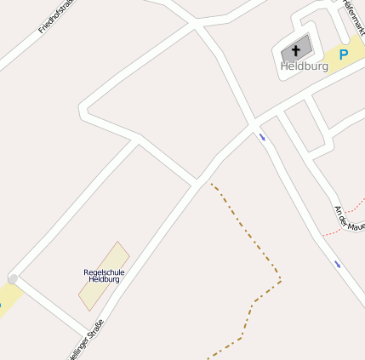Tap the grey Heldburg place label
[304, 66]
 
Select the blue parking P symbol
[344, 54]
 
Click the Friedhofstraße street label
[57, 17]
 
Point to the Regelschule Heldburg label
[104, 275]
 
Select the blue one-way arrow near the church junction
[262, 135]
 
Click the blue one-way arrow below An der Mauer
[338, 264]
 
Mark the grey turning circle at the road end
[13, 278]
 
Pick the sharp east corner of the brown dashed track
[280, 279]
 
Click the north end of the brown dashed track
[212, 185]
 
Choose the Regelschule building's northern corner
[118, 242]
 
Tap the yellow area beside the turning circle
[7, 298]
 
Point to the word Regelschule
[104, 271]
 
